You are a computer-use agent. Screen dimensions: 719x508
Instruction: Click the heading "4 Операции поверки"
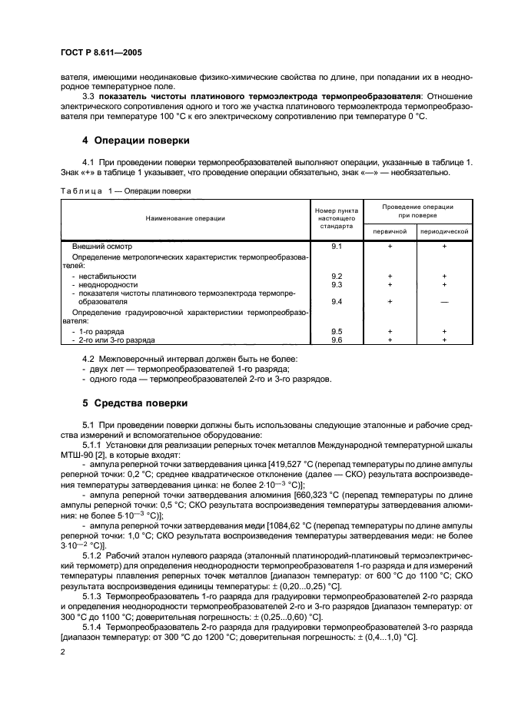131,141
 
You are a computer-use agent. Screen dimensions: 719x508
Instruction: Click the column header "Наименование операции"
185,219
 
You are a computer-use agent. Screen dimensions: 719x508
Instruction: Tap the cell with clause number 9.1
335,247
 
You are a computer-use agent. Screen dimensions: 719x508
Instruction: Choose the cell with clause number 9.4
335,302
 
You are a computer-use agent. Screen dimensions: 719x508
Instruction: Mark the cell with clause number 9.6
335,339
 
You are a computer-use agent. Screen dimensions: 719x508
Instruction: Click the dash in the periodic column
443,302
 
